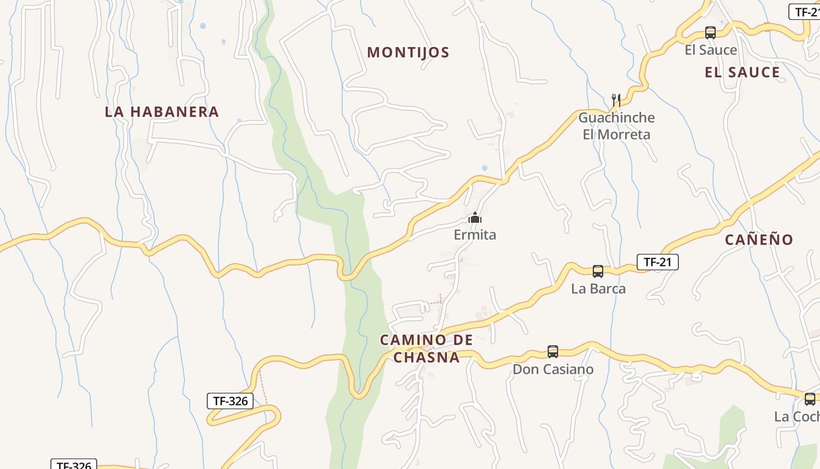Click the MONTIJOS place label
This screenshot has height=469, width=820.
[408, 52]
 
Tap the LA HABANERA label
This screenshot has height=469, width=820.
[162, 111]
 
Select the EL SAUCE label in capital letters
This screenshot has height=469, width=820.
[742, 72]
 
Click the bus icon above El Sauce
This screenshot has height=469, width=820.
[710, 33]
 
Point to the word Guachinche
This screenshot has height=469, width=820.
[616, 117]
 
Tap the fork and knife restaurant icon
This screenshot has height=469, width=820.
[616, 100]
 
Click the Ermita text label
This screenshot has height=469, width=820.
[475, 235]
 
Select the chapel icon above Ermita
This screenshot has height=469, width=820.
[475, 218]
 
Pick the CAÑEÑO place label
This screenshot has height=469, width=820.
[758, 239]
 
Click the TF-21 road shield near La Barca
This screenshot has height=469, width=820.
[657, 262]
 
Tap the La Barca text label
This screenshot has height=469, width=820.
[598, 288]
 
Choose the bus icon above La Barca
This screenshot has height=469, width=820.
[598, 271]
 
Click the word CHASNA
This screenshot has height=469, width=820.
[426, 357]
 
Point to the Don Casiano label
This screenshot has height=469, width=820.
[553, 369]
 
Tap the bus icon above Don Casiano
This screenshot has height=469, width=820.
[553, 352]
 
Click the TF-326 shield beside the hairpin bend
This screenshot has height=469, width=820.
[231, 401]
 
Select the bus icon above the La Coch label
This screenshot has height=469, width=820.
[810, 399]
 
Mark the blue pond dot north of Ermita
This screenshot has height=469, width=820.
[484, 168]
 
